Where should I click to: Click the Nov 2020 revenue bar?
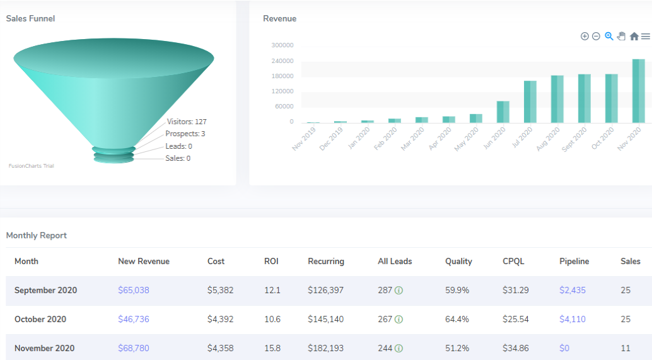click(x=638, y=91)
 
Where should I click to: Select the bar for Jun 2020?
click(x=503, y=112)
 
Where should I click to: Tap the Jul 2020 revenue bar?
click(x=530, y=102)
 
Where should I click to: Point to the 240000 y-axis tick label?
click(x=282, y=61)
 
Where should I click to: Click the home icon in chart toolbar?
click(x=634, y=37)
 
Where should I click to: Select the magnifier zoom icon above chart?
click(x=608, y=37)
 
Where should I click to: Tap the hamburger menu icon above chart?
click(x=645, y=37)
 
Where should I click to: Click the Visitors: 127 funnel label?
click(x=187, y=122)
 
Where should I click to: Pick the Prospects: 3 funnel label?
click(x=185, y=134)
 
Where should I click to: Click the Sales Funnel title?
click(x=30, y=19)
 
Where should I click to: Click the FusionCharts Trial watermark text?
click(x=31, y=166)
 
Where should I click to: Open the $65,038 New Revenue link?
click(x=134, y=291)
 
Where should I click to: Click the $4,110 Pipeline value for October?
click(x=573, y=320)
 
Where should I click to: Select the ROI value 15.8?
click(x=272, y=349)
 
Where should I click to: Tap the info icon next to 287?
click(x=399, y=291)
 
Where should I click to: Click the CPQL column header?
click(x=513, y=262)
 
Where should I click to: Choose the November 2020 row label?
click(x=44, y=349)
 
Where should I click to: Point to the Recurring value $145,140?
click(x=325, y=320)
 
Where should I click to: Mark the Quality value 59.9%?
click(x=457, y=291)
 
